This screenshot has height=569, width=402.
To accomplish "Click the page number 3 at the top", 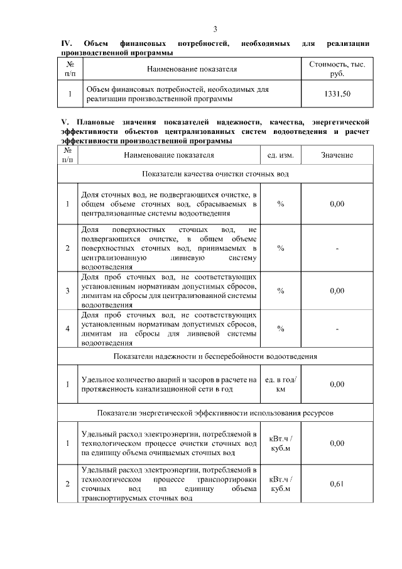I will (215, 29).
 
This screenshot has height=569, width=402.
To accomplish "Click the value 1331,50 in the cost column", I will (337, 94).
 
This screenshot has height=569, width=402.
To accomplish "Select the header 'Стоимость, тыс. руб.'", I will (337, 69).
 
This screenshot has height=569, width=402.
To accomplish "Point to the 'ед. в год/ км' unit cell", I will (281, 384).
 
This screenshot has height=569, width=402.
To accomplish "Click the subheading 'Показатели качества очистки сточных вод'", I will (215, 173).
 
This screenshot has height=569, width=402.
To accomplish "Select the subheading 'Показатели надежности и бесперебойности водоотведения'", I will (215, 356).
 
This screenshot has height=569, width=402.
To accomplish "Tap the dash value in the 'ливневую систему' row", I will (337, 248).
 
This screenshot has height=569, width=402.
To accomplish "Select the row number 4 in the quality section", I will (67, 328).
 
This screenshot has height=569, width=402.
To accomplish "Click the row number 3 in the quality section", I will (67, 290).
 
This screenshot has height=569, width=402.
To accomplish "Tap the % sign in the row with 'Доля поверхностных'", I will (281, 248).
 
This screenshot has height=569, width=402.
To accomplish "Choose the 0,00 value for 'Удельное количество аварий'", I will (337, 384).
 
